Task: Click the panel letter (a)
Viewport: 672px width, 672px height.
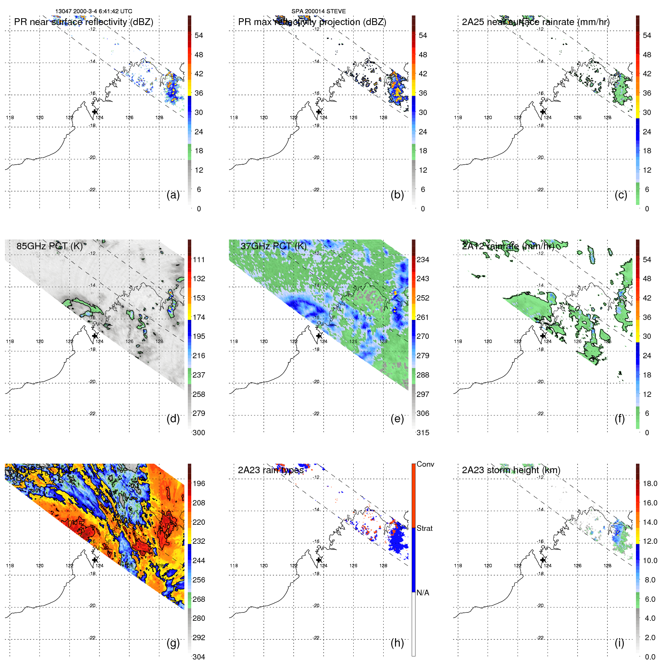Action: pyautogui.click(x=173, y=195)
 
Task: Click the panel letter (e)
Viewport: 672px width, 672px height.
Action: pyautogui.click(x=397, y=419)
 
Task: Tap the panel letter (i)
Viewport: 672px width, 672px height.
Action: pyautogui.click(x=619, y=643)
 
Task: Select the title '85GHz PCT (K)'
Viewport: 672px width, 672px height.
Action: pyautogui.click(x=49, y=246)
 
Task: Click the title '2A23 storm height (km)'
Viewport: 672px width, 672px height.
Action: pyautogui.click(x=511, y=470)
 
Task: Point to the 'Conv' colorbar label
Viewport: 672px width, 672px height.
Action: pyautogui.click(x=425, y=464)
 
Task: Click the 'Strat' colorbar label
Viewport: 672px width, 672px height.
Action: pyautogui.click(x=424, y=528)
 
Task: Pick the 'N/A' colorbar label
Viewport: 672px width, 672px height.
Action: pyautogui.click(x=423, y=593)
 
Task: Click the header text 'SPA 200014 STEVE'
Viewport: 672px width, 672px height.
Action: pyautogui.click(x=318, y=11)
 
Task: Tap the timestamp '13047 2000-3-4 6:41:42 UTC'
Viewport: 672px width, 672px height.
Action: pyautogui.click(x=94, y=11)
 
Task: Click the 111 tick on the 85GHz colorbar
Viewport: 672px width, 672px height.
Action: pyautogui.click(x=199, y=260)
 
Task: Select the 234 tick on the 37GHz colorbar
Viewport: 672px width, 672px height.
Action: pyautogui.click(x=423, y=260)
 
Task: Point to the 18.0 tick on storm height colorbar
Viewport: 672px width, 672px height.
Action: pyautogui.click(x=650, y=483)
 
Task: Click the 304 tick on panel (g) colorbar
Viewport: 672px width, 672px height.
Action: pyautogui.click(x=199, y=657)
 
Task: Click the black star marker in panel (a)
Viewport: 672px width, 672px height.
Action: pyautogui.click(x=95, y=112)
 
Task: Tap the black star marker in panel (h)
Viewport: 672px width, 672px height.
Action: pyautogui.click(x=319, y=560)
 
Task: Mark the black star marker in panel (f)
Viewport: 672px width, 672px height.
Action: pyautogui.click(x=543, y=335)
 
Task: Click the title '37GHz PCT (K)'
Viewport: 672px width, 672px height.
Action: pyautogui.click(x=273, y=246)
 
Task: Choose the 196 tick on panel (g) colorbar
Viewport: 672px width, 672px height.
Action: pyautogui.click(x=199, y=483)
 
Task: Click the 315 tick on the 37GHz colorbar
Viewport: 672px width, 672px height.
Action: pyautogui.click(x=423, y=433)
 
